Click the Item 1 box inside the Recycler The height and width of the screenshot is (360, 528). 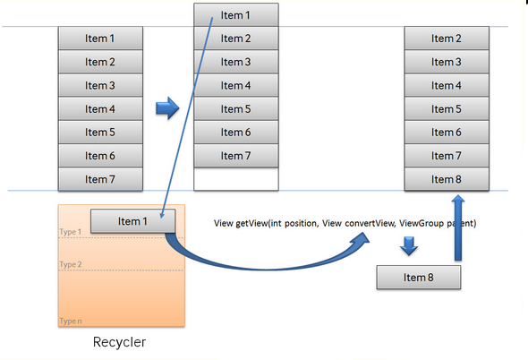(133, 221)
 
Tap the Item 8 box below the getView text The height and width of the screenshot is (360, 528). (419, 278)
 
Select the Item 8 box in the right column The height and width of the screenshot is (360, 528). (447, 179)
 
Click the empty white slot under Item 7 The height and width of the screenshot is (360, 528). (236, 179)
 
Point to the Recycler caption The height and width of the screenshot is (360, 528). (119, 342)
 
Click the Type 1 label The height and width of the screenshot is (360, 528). (71, 232)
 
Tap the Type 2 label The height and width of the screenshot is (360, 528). (71, 264)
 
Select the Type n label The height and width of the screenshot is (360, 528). (71, 321)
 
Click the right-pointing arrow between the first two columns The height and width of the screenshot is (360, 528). (167, 108)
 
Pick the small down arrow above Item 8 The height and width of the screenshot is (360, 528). (409, 245)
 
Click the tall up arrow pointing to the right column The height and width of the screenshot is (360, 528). (458, 227)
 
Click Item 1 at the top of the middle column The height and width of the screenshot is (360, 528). (236, 15)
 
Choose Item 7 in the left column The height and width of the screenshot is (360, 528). (100, 179)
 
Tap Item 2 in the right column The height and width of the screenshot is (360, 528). (447, 39)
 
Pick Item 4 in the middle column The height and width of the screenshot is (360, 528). (236, 85)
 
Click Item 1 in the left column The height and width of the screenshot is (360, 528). (100, 39)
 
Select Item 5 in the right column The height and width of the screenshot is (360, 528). (447, 109)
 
